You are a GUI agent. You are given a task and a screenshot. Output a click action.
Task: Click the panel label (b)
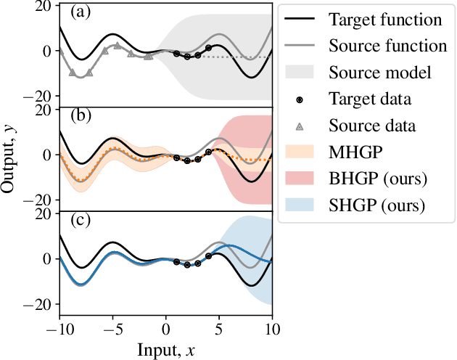point(79,116)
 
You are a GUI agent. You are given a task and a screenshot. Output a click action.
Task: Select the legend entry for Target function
point(384,18)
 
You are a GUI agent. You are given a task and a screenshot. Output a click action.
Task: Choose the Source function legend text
point(387,45)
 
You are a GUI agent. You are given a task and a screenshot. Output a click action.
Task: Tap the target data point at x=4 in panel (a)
point(209,48)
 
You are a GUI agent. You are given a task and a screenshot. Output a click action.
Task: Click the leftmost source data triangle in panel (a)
point(60,53)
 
